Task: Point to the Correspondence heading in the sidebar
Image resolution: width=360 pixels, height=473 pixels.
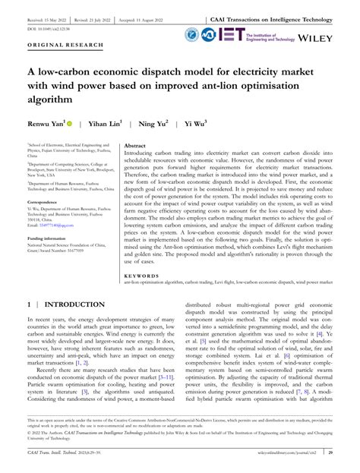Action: point(46,202)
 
